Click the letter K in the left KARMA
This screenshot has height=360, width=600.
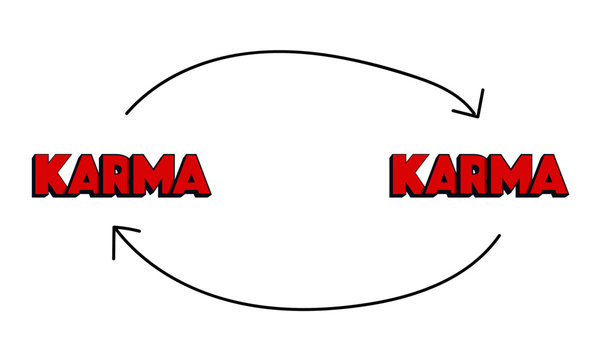click(x=49, y=175)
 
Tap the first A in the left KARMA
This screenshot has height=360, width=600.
click(x=82, y=175)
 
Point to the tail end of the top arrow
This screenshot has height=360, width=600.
click(x=127, y=113)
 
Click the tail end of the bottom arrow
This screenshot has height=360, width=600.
click(x=499, y=236)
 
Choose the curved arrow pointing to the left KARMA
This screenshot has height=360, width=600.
click(x=300, y=306)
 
